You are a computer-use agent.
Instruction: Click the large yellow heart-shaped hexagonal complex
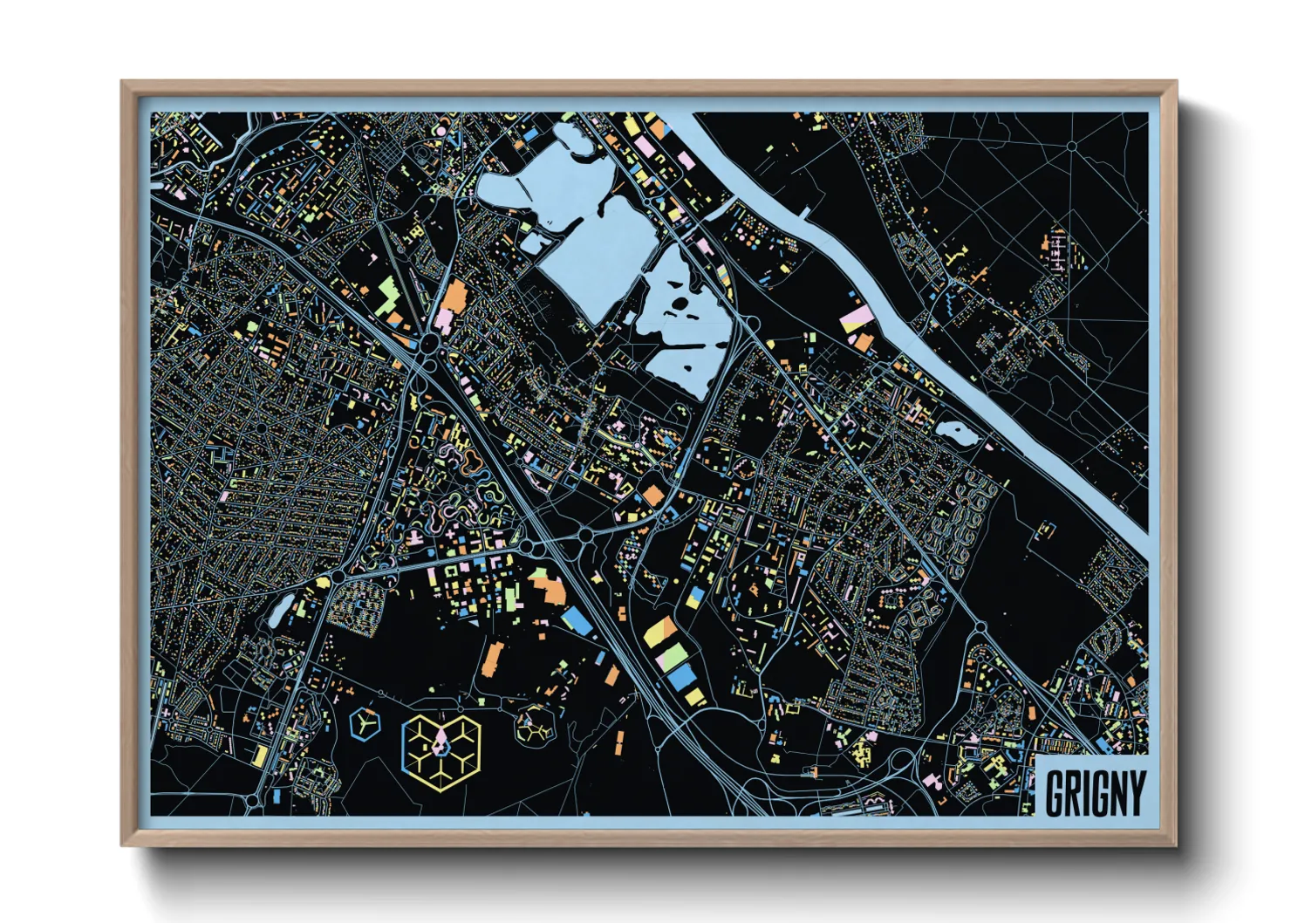(441, 751)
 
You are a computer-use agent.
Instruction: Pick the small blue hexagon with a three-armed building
(365, 722)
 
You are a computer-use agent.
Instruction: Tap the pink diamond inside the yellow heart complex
(441, 742)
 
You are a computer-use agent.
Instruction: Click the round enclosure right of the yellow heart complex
(532, 724)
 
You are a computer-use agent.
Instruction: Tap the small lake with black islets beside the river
(955, 431)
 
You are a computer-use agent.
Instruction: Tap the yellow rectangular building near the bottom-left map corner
(260, 755)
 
